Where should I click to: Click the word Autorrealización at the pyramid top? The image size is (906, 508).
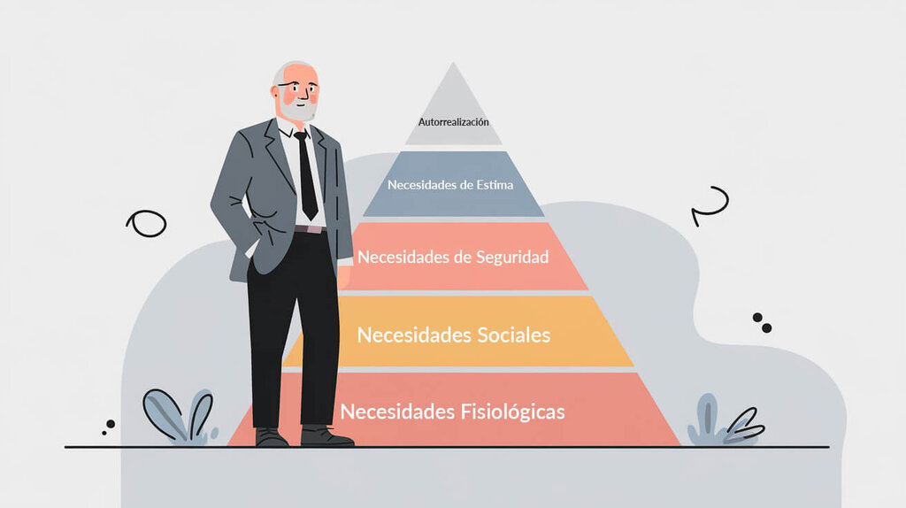coord(454,122)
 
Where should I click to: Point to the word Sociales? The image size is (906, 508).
coord(511,335)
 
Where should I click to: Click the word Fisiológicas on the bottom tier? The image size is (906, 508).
coord(512,412)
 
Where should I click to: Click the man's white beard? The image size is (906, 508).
coord(298,108)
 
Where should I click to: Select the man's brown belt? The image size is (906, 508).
coord(311,229)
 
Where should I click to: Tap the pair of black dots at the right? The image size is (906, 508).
coord(762,323)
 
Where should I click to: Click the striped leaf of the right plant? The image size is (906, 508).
coord(745,427)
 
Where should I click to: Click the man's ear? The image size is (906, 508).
coord(276,92)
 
